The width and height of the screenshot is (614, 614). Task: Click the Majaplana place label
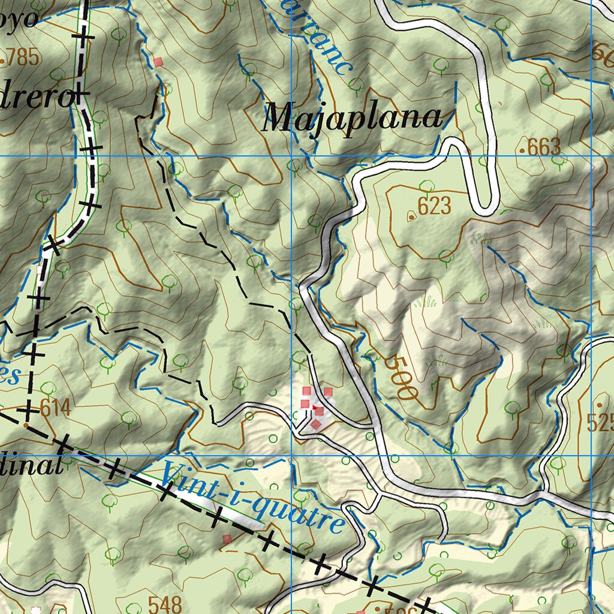tap(353, 118)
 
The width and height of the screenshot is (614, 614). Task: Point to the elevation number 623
tap(434, 206)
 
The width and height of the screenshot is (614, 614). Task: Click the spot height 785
tap(22, 58)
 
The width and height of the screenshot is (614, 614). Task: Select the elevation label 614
tap(55, 409)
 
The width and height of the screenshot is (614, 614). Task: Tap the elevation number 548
tap(164, 604)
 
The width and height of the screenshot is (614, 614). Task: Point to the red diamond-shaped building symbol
tap(315, 425)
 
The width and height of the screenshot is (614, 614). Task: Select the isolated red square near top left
tap(158, 62)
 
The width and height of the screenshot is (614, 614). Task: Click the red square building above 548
tap(227, 539)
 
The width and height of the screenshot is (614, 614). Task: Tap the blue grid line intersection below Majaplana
tap(291, 156)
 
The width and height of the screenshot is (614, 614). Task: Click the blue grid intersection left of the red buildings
tap(291, 455)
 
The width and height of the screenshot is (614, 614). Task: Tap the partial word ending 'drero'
tap(36, 96)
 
